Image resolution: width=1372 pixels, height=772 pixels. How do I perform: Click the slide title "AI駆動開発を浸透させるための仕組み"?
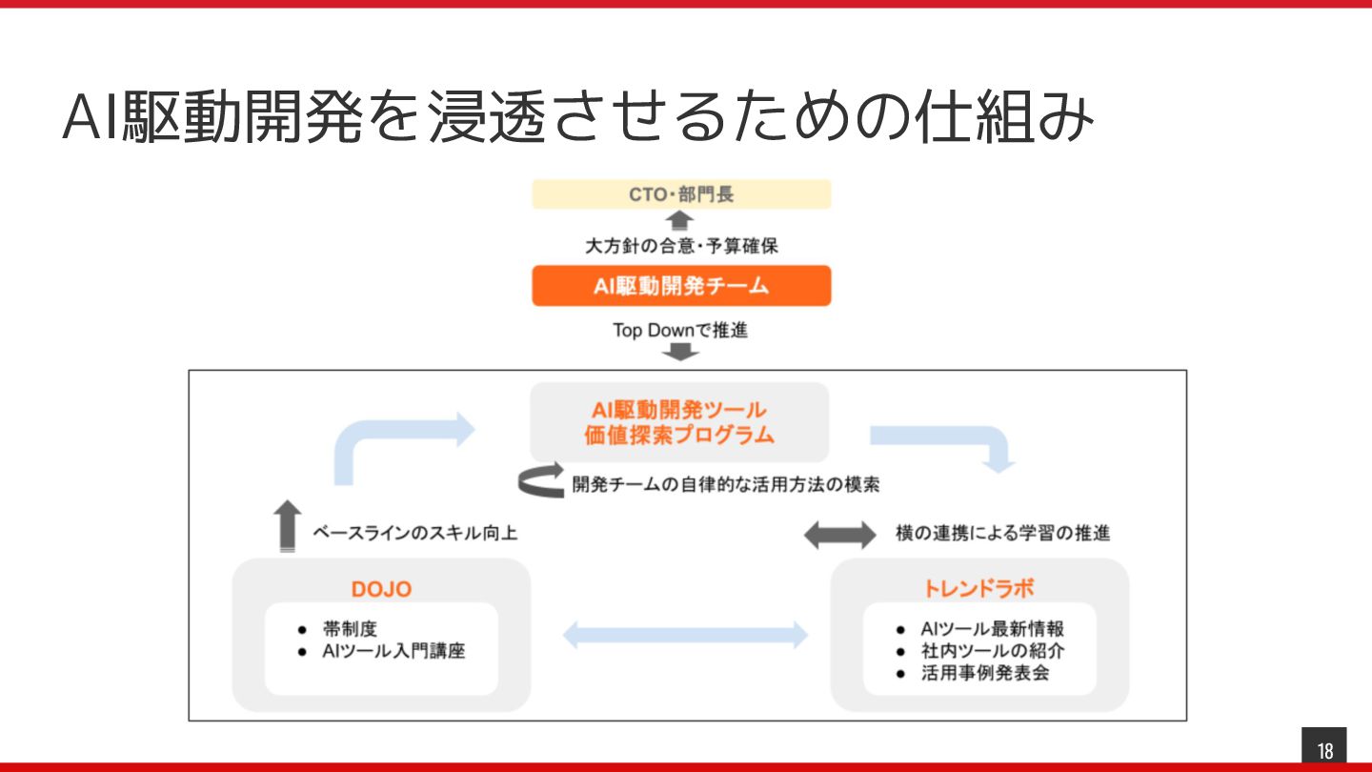(577, 117)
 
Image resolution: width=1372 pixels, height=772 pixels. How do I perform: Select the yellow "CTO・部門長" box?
(681, 194)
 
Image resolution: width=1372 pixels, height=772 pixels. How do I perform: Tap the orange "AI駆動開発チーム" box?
(681, 286)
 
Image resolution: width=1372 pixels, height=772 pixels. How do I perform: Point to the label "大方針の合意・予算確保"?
(681, 246)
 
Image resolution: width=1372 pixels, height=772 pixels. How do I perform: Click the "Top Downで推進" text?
(680, 331)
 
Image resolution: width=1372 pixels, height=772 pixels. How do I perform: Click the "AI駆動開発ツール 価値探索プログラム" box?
(679, 422)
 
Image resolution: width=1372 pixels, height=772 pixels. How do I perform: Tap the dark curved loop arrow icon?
(541, 482)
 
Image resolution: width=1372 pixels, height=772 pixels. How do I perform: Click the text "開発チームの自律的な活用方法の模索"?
(726, 484)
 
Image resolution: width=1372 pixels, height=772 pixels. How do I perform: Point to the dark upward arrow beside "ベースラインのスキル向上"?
(286, 525)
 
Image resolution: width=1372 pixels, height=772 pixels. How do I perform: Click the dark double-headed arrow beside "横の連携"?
(839, 535)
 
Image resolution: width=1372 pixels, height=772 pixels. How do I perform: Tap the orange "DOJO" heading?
(381, 589)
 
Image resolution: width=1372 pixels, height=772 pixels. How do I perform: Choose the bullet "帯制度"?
(351, 629)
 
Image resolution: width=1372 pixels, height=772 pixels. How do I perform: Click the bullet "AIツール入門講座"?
(393, 652)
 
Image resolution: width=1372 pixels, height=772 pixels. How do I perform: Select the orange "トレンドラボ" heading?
(979, 588)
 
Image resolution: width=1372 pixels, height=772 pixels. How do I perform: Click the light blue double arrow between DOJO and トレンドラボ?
(684, 635)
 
